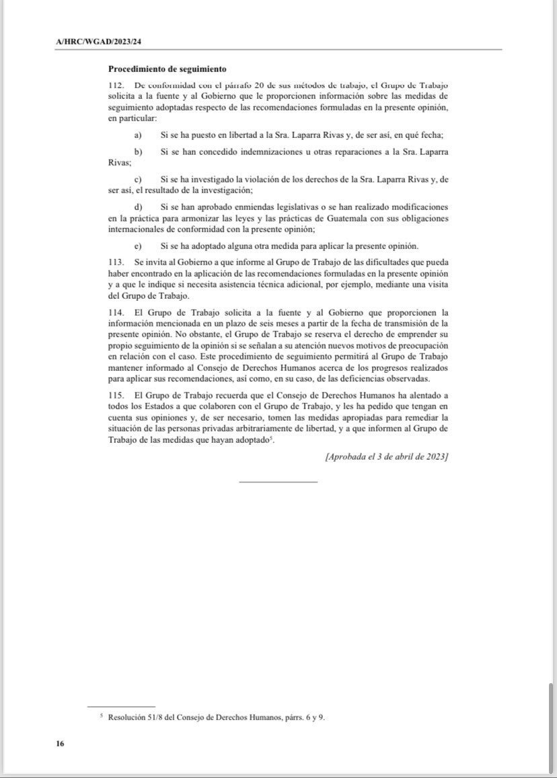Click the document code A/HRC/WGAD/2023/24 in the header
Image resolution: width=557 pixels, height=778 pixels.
tap(98, 42)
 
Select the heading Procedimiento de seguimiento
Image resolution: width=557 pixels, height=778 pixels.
tap(167, 69)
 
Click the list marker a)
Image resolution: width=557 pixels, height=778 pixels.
tap(138, 135)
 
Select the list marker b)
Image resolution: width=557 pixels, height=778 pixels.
tap(138, 152)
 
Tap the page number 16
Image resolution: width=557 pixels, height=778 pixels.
tap(60, 744)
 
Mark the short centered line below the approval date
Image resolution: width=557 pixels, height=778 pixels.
tap(278, 481)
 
